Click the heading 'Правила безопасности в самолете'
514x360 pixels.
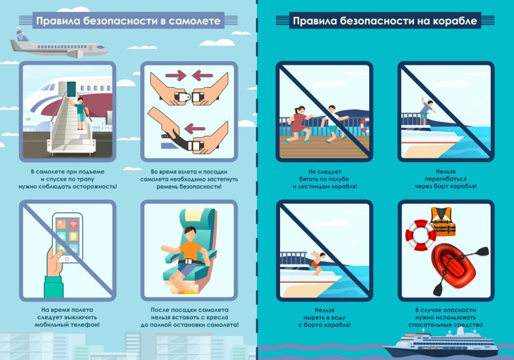click(127, 21)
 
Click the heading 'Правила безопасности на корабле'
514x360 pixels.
click(385, 21)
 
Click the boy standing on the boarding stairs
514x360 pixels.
click(80, 113)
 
